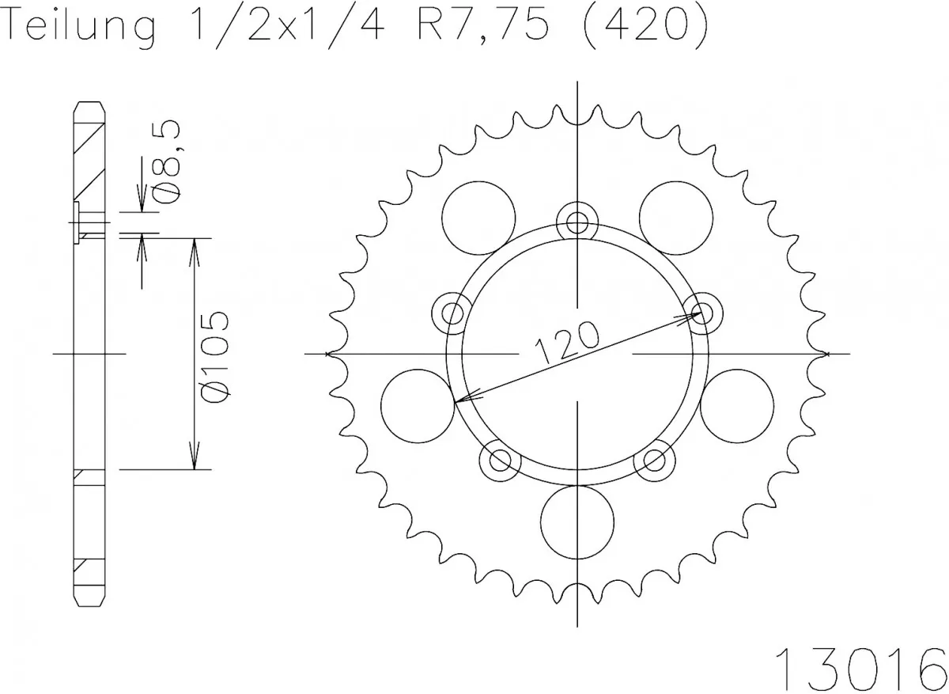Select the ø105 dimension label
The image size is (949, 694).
[216, 355]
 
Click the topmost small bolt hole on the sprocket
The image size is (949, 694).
[577, 221]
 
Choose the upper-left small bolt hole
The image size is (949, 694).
[453, 311]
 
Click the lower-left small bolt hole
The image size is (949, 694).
[501, 458]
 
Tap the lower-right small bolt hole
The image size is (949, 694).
[654, 458]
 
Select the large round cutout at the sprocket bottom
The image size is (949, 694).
[577, 520]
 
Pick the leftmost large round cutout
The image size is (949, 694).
[417, 405]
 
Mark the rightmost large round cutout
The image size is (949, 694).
[737, 405]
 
